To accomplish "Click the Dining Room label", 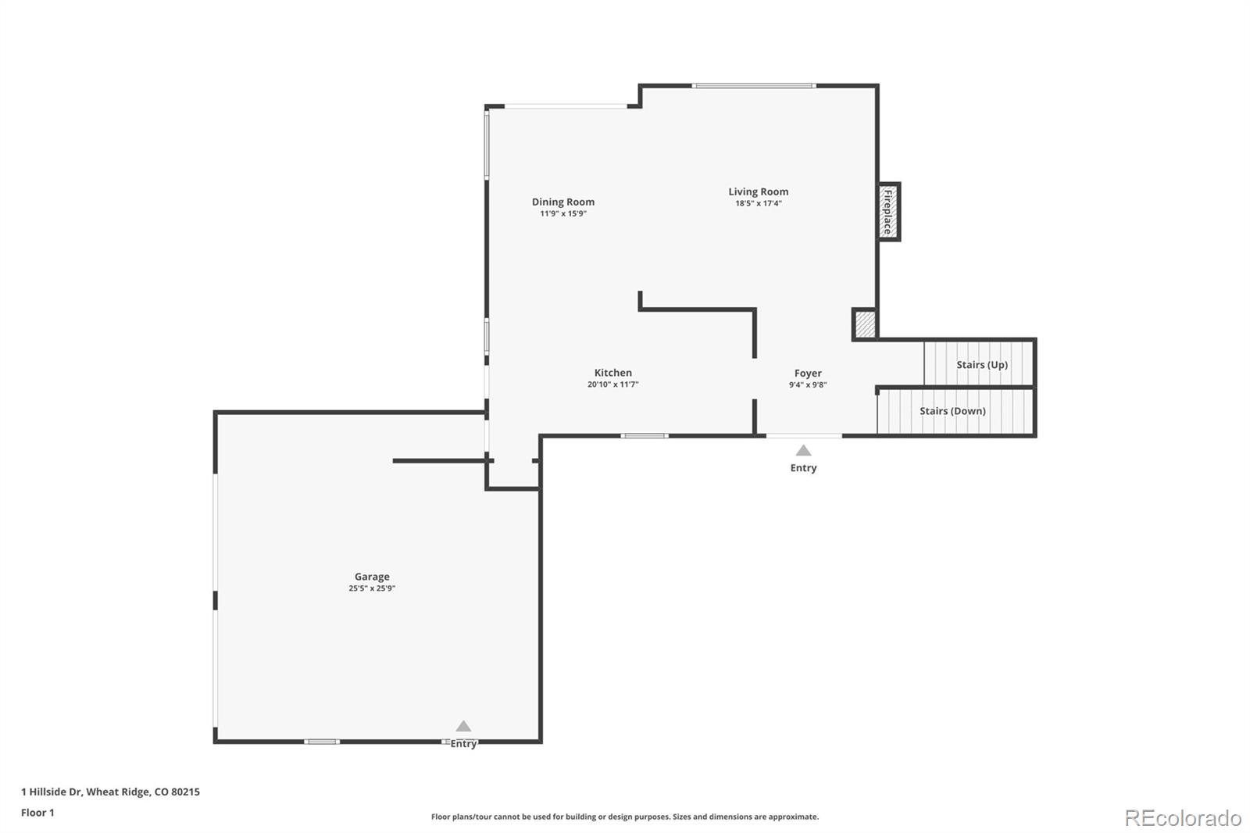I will (x=562, y=202).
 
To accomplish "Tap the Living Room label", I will (x=758, y=191).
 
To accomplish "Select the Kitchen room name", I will (x=612, y=373).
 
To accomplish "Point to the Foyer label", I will (x=808, y=374).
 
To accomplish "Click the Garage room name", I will (x=372, y=577).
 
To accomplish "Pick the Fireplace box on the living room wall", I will (x=888, y=212).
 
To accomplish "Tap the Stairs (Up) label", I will (x=981, y=364).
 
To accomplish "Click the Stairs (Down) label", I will (x=952, y=411).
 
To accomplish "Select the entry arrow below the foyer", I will (x=803, y=450).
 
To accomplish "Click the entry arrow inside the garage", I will (x=463, y=726).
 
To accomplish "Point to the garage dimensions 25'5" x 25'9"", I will (x=372, y=588).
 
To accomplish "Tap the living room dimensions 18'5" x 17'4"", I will (x=758, y=203).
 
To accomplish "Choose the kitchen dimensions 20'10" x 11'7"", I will (x=612, y=384).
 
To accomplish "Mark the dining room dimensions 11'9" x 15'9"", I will (x=562, y=213).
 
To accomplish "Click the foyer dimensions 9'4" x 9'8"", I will (x=808, y=384).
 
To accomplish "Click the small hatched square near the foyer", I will (x=865, y=324).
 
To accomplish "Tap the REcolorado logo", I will (x=1182, y=818).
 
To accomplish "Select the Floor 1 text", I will (x=37, y=813).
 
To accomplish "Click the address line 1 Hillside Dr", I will (x=110, y=792).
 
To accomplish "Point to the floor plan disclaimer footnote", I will (x=625, y=817).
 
